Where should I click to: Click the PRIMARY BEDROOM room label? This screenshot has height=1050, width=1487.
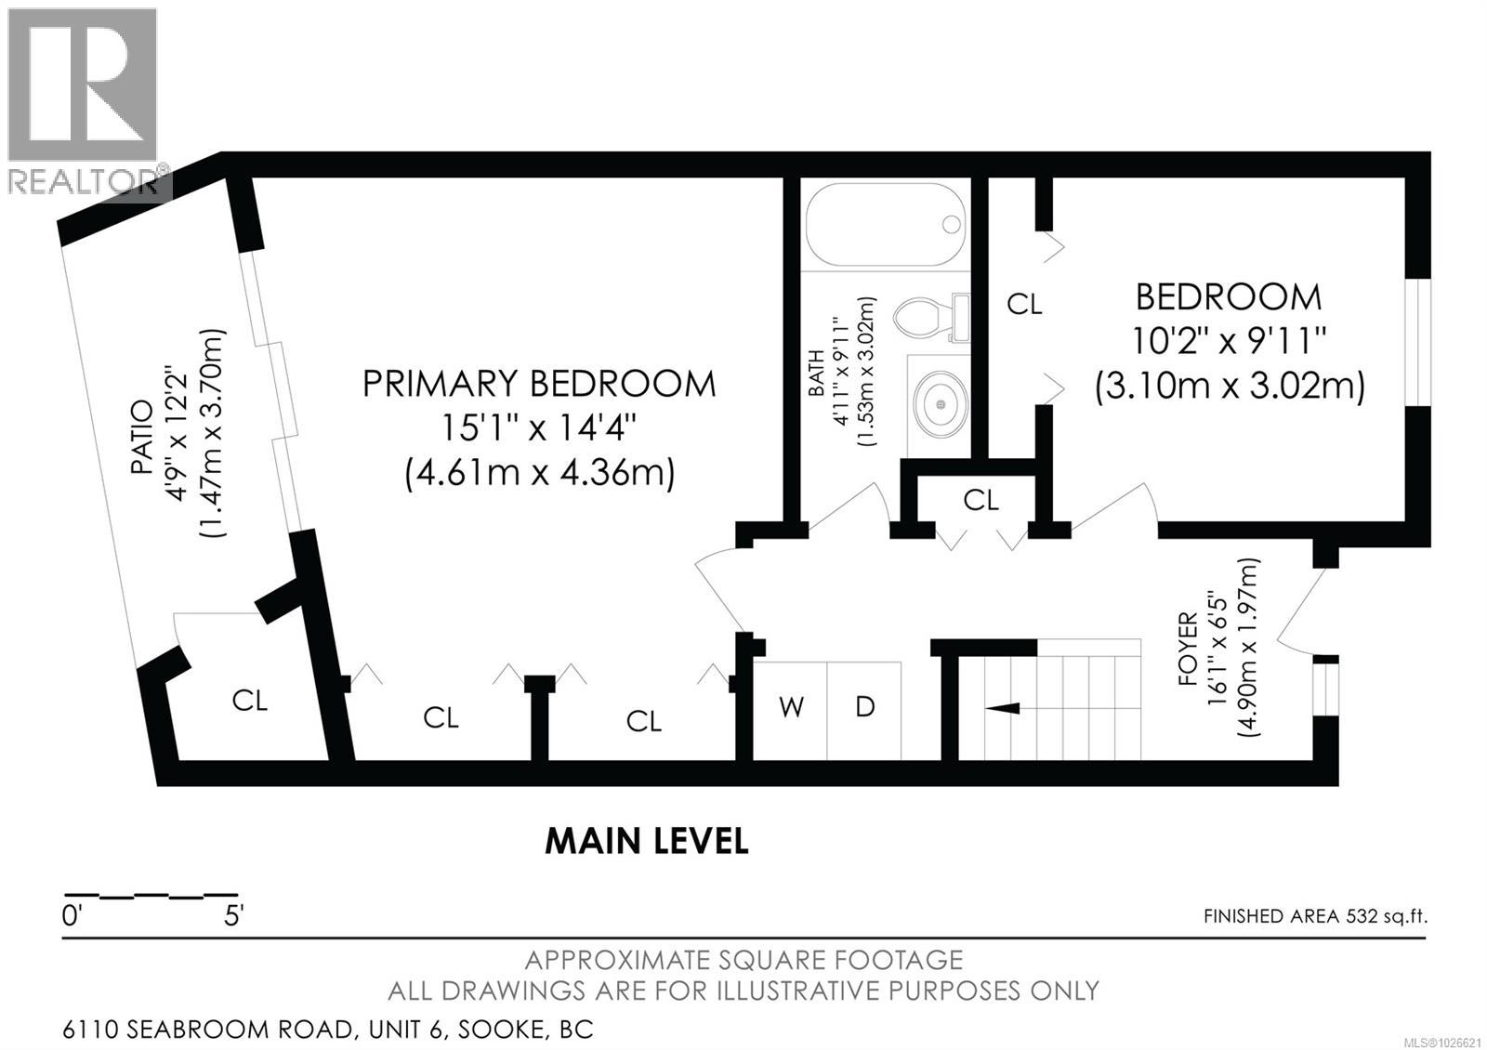pyautogui.click(x=539, y=384)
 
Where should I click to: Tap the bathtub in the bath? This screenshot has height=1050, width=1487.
pyautogui.click(x=885, y=225)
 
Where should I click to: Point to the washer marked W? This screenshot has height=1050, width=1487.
pyautogui.click(x=791, y=708)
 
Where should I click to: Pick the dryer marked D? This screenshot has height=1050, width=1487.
pyautogui.click(x=864, y=708)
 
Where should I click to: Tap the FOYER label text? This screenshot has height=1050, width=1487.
pyautogui.click(x=1188, y=649)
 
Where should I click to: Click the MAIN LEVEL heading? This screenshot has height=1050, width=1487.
pyautogui.click(x=646, y=842)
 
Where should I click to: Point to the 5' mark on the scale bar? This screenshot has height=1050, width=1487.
pyautogui.click(x=232, y=916)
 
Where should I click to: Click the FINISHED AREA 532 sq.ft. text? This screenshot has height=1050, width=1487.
pyautogui.click(x=1314, y=916)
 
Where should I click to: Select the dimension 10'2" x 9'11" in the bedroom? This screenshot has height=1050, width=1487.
pyautogui.click(x=1228, y=341)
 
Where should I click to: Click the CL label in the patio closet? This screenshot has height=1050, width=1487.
pyautogui.click(x=249, y=701)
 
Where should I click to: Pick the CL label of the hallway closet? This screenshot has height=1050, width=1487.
pyautogui.click(x=980, y=501)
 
